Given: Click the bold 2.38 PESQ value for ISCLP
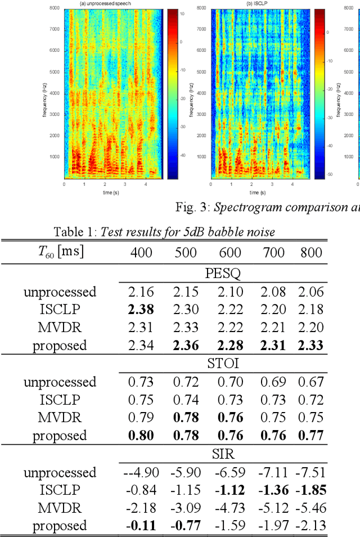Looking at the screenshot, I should pos(141,309).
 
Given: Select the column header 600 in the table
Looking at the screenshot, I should pos(229,252).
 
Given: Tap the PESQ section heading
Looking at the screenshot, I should pos(224,274).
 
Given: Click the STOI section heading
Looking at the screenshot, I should pos(224,364).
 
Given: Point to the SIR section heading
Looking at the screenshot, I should pos(224,454).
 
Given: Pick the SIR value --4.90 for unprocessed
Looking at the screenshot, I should pos(139,472).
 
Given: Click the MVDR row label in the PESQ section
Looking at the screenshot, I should pos(60,327).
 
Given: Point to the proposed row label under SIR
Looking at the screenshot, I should pos(60,526).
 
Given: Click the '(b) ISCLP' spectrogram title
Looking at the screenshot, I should pos(260,5).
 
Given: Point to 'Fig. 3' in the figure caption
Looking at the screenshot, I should pos(191,208).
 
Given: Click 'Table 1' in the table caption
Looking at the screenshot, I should pos(75,231).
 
